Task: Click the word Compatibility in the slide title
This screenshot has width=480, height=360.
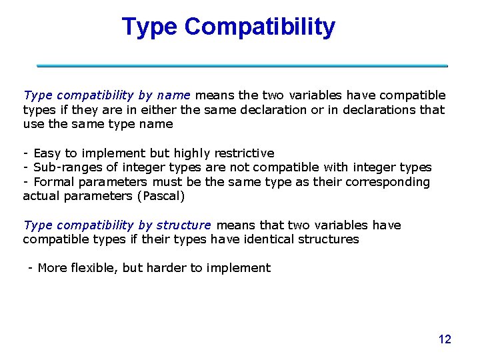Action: (x=260, y=27)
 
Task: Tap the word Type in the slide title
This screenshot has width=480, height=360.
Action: (x=150, y=27)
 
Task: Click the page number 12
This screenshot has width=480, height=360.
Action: (x=445, y=339)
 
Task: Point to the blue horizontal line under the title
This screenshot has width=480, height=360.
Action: (x=242, y=66)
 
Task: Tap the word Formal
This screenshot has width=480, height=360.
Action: (x=56, y=182)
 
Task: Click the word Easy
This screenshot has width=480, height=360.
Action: (x=47, y=153)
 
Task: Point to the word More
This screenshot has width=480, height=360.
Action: (x=53, y=268)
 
